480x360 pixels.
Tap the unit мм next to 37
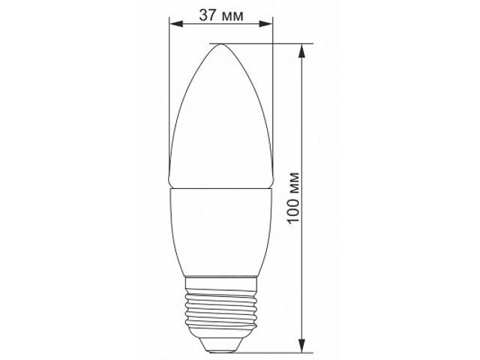[234, 14]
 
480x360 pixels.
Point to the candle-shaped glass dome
[219, 120]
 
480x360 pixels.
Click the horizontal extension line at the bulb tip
[262, 43]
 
